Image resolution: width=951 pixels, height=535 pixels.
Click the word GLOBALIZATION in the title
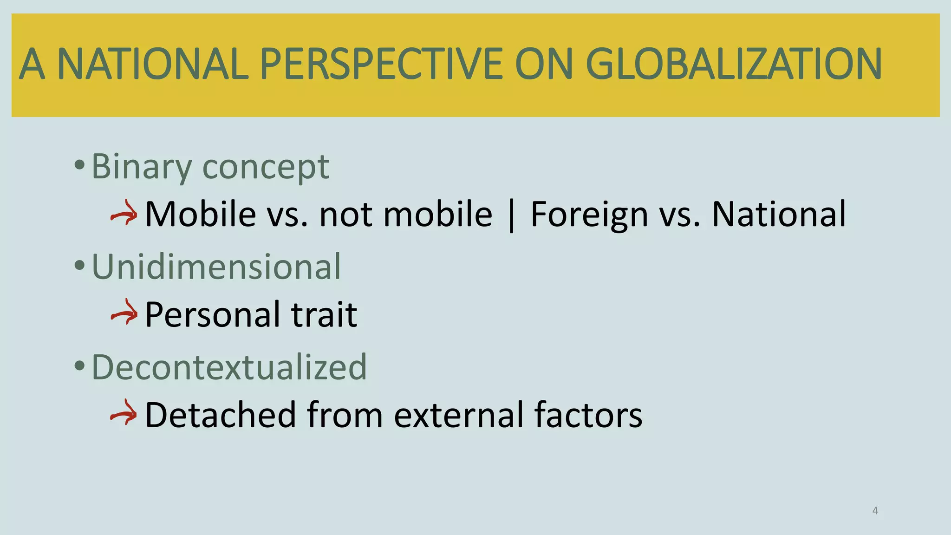tap(734, 64)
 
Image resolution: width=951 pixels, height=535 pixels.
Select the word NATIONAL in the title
tap(153, 64)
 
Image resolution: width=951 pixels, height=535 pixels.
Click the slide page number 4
tap(875, 511)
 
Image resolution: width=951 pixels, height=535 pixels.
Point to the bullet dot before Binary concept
tap(79, 165)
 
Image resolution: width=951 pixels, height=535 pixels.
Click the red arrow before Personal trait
tap(124, 314)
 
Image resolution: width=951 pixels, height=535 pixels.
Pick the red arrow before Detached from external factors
tap(124, 414)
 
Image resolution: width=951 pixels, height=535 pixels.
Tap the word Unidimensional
tap(216, 267)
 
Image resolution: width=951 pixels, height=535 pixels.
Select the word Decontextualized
tap(229, 367)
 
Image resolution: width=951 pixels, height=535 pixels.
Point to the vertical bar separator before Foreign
tap(512, 215)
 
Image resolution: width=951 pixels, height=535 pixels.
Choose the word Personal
tap(212, 315)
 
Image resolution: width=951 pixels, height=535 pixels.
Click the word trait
tap(324, 315)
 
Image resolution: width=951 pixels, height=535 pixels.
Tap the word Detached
tap(221, 415)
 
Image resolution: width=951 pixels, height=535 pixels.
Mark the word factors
tap(588, 415)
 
